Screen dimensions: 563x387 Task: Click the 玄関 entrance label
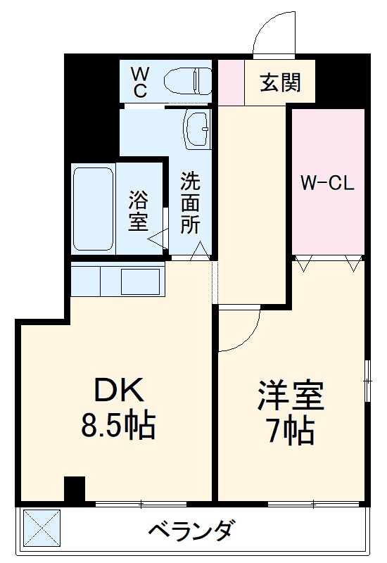(281, 82)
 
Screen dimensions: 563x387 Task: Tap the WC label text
(139, 82)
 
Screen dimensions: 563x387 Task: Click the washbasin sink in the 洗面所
(198, 127)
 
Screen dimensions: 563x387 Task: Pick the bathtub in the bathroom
(93, 208)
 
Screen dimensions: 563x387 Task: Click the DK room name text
(119, 389)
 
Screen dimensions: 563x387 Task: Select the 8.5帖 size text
(119, 425)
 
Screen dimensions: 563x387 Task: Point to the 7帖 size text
(291, 431)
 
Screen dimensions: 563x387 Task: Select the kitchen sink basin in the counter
(141, 281)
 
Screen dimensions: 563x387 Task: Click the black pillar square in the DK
(74, 488)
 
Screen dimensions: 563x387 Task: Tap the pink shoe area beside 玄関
(230, 83)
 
